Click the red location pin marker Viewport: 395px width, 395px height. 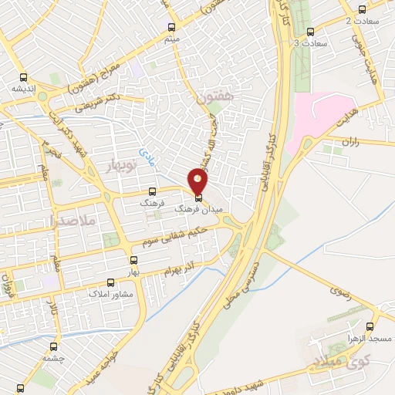coord(199,182)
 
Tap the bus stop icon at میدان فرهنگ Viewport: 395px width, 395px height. coord(199,198)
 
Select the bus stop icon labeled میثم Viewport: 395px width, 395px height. coord(171,25)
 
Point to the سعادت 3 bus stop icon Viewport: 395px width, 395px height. coord(310,32)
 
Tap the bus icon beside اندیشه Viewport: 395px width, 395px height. coord(23,77)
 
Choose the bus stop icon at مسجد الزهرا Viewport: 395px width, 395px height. coord(371,326)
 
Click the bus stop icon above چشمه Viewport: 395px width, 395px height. coord(53,346)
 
